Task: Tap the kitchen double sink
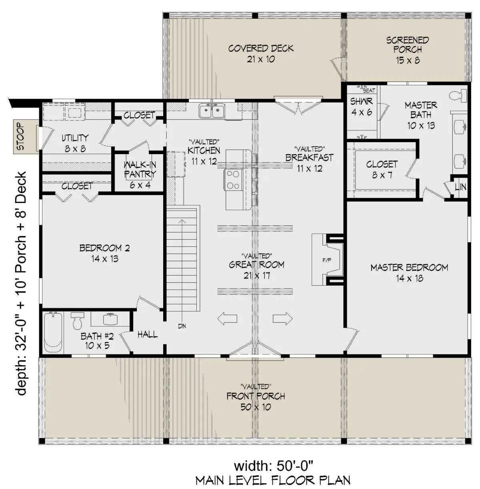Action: (212, 111)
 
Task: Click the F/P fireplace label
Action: (327, 260)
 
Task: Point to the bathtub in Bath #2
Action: (53, 332)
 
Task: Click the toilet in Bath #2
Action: (77, 320)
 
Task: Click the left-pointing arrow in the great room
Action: (227, 318)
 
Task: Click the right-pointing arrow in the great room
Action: (282, 318)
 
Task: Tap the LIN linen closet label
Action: (460, 187)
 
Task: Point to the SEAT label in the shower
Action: (369, 91)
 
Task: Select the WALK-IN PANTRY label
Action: (140, 169)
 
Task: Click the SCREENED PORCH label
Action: (407, 45)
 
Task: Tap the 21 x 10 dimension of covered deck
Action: (261, 59)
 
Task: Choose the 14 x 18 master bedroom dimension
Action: (409, 278)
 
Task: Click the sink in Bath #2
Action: (110, 319)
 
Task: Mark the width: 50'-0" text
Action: (274, 466)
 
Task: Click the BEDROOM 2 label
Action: (104, 248)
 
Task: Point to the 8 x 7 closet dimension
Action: (382, 175)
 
